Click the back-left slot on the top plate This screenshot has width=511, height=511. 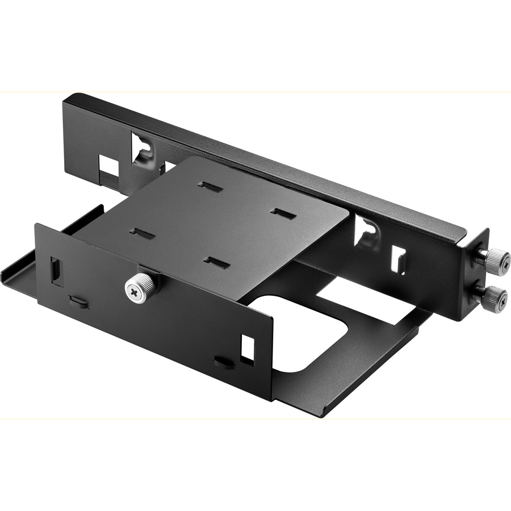pos(209,186)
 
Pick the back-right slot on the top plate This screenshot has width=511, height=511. pos(283,213)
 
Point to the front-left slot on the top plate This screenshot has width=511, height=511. pos(142,233)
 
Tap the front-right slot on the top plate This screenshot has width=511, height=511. pos(217,262)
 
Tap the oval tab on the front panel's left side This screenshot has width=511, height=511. pos(79,301)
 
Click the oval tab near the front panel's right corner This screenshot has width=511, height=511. pos(224,362)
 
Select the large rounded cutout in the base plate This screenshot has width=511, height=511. pos(301,332)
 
